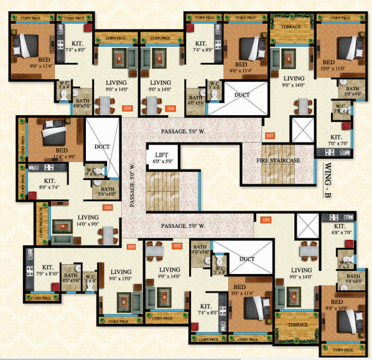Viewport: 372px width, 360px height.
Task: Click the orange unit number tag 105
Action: pyautogui.click(x=128, y=109)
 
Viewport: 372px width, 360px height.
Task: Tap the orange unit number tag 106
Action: pyautogui.click(x=170, y=109)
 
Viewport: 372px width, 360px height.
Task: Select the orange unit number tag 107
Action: pyautogui.click(x=269, y=135)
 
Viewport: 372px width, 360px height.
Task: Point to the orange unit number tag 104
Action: pyautogui.click(x=108, y=207)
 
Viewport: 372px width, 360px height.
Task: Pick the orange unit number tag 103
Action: pyautogui.click(x=131, y=247)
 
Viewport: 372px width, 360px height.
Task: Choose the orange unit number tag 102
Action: pyautogui.click(x=177, y=245)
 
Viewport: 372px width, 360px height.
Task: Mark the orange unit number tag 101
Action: pyautogui.click(x=266, y=219)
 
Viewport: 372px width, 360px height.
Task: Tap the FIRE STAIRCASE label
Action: pyautogui.click(x=279, y=161)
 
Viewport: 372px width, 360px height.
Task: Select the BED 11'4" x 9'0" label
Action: pyautogui.click(x=62, y=154)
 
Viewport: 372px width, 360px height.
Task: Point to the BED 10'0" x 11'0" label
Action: pyautogui.click(x=328, y=66)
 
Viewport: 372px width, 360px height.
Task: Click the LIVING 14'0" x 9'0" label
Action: pyautogui.click(x=89, y=221)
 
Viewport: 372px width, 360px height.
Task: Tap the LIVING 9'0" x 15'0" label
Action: pyautogui.click(x=121, y=275)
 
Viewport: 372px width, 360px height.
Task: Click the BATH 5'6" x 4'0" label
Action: pyautogui.click(x=108, y=192)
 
